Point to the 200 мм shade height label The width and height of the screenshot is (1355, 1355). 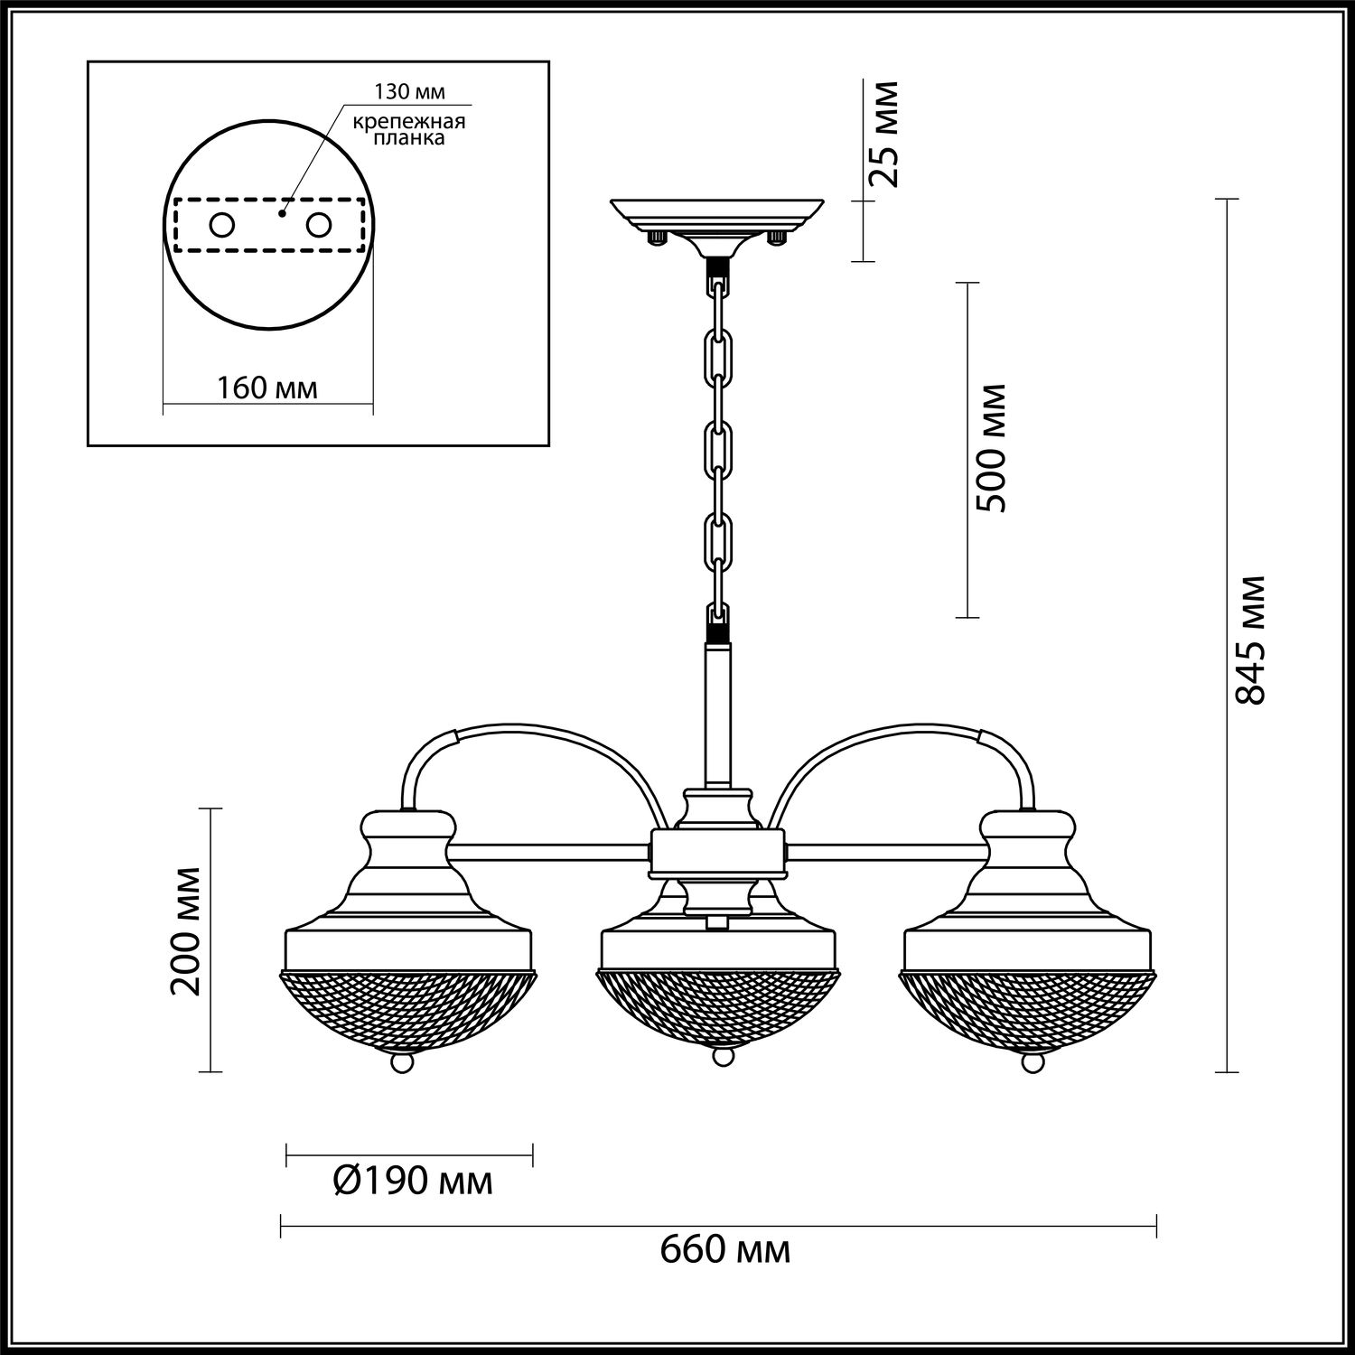pos(186,930)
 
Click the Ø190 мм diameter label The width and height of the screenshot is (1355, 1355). pos(413,1180)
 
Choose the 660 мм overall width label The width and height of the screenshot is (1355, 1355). pos(725,1250)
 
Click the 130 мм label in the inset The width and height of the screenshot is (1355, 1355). pos(411,92)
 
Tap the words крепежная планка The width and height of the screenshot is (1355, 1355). pos(409,130)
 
